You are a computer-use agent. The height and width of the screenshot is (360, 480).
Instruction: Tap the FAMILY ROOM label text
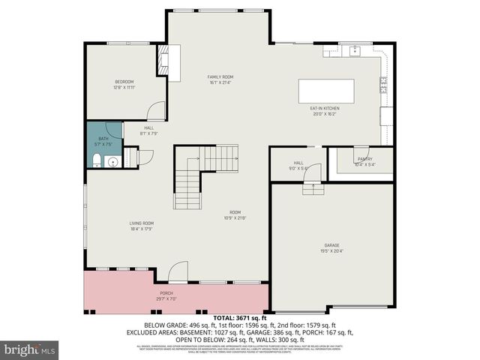click(x=220, y=77)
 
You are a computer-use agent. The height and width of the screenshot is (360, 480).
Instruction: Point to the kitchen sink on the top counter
click(x=354, y=50)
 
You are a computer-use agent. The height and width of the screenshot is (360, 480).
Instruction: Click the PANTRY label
click(x=364, y=159)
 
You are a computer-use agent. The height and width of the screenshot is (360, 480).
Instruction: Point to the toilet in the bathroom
click(x=97, y=160)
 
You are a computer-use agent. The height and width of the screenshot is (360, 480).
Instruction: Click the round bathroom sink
click(x=113, y=160)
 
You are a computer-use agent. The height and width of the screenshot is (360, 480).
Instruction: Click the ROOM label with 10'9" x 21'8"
click(x=235, y=214)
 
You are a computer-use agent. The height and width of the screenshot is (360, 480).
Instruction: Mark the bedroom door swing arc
click(x=155, y=112)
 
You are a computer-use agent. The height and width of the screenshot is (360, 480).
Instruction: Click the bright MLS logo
click(x=30, y=349)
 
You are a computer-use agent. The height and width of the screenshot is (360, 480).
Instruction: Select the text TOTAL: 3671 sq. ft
click(x=239, y=318)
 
